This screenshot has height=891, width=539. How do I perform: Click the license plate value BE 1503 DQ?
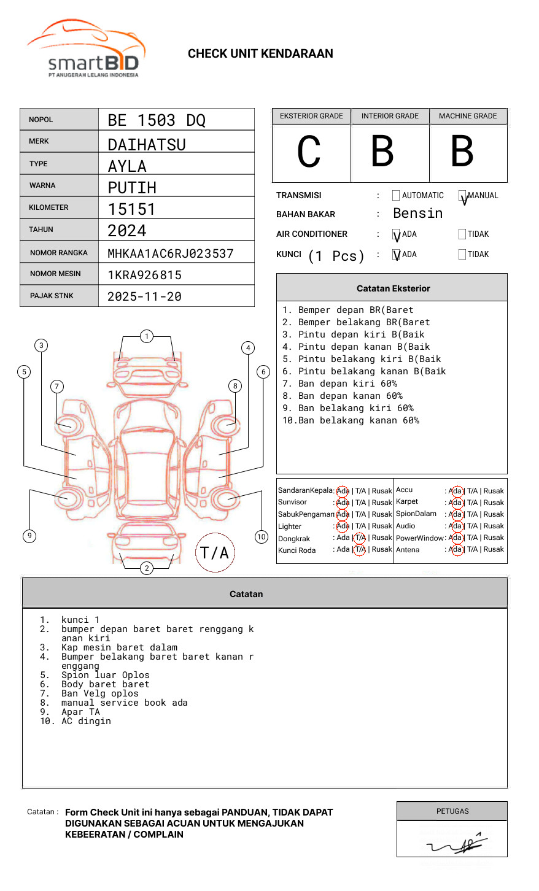157,120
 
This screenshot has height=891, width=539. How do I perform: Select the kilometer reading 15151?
131,209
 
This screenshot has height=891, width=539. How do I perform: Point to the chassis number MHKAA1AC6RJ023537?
171,253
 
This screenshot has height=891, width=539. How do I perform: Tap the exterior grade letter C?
309,152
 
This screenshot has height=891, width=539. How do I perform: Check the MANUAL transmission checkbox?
462,196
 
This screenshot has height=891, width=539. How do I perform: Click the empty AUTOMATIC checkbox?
396,196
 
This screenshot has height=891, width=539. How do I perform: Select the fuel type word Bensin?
417,214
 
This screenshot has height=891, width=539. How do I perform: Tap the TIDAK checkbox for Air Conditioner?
462,234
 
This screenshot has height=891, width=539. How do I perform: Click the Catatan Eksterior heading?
393,288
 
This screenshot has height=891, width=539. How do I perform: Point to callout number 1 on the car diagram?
146,336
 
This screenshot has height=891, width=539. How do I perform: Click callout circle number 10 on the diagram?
262,537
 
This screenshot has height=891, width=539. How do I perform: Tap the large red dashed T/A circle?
215,553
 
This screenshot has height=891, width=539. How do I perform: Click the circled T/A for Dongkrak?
360,538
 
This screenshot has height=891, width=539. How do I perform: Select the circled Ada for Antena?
456,550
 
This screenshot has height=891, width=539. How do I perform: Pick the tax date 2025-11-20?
144,297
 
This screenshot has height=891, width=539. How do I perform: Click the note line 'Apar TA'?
80,712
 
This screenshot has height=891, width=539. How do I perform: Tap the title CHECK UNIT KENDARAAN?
260,54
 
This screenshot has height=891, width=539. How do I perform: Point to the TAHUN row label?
41,229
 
